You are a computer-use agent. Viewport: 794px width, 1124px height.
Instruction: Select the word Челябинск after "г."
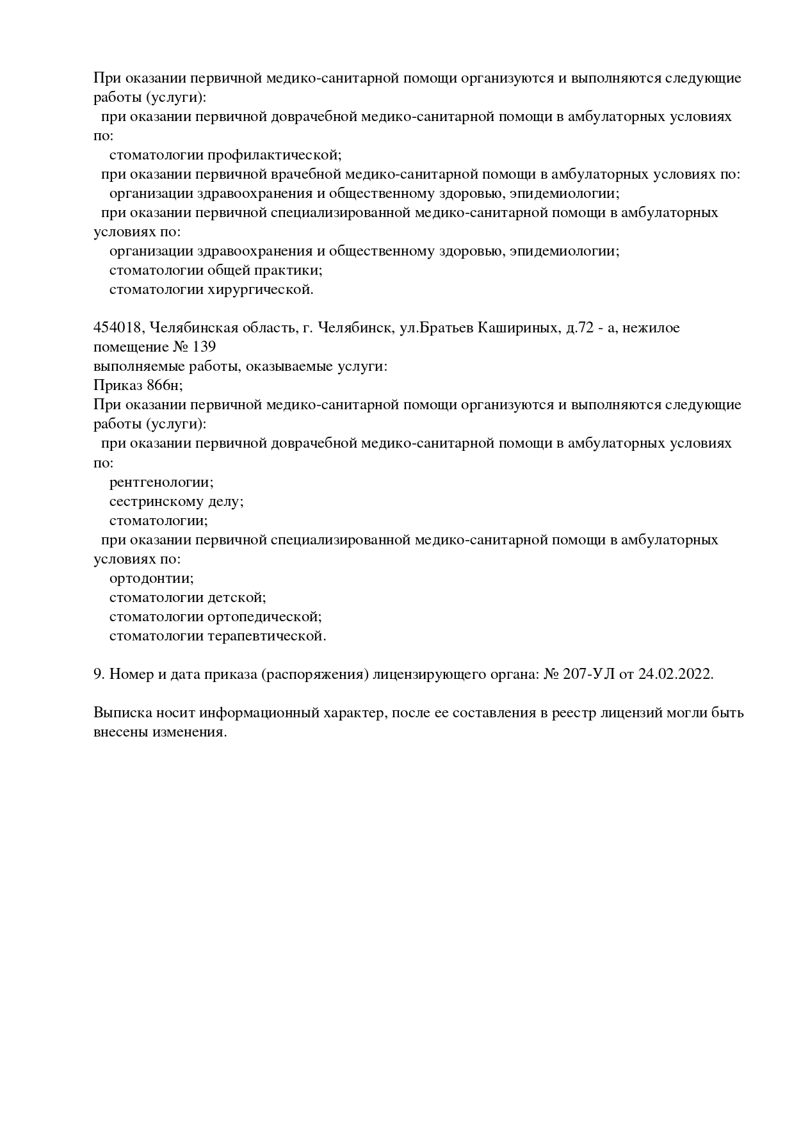point(355,328)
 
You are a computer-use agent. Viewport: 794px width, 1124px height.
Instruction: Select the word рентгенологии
point(161,482)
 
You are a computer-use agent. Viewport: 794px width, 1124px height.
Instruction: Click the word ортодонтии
point(151,578)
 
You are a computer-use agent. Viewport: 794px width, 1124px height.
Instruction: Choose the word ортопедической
point(264,617)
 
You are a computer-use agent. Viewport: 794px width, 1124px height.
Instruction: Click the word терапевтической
point(267,636)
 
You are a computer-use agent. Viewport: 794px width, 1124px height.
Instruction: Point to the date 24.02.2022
point(676,674)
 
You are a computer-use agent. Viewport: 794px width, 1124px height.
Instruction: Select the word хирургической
point(261,289)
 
